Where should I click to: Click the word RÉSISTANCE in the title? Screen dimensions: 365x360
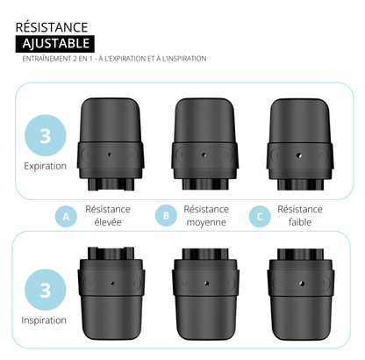pos(52,27)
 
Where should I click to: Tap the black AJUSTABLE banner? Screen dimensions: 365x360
pos(55,44)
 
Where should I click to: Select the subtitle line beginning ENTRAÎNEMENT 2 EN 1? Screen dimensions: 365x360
pos(114,59)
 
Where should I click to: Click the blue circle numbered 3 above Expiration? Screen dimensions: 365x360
pos(45,135)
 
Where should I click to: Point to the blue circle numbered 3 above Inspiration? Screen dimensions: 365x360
pos(45,290)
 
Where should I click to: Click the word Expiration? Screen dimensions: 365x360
pos(45,166)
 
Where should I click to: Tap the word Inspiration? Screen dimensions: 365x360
pos(44,320)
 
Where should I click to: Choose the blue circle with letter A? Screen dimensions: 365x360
pos(66,217)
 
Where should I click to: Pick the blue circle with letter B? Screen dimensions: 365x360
pos(166,216)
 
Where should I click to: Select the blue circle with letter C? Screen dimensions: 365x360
pos(260,217)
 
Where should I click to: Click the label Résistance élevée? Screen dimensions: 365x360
pos(108,216)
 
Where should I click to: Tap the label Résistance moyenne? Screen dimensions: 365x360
pos(206,216)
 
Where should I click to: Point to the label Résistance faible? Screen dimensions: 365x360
pos(300,216)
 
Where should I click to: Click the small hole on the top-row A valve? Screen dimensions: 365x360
pos(110,155)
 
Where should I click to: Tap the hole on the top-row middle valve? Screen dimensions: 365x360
pos(204,155)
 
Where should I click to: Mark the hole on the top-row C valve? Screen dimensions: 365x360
pos(299,155)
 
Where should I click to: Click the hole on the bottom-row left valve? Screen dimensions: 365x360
pos(112,283)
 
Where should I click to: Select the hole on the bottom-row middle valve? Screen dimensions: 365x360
pos(207,283)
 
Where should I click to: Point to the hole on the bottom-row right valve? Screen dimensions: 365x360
pos(302,284)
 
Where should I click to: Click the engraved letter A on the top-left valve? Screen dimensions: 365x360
pos(132,155)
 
